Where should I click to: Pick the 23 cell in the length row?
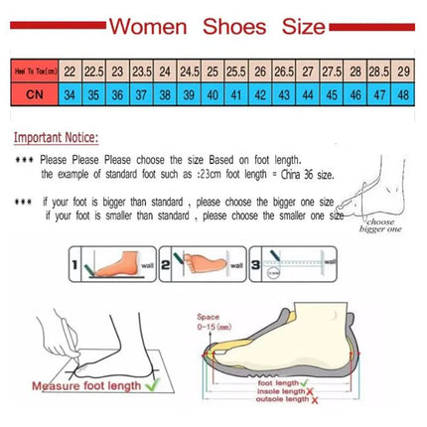(x=117, y=72)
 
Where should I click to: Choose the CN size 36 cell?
(x=117, y=95)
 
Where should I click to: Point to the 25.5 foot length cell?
(x=235, y=72)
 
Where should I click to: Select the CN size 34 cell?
(x=70, y=95)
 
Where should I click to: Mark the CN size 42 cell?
(x=259, y=95)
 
